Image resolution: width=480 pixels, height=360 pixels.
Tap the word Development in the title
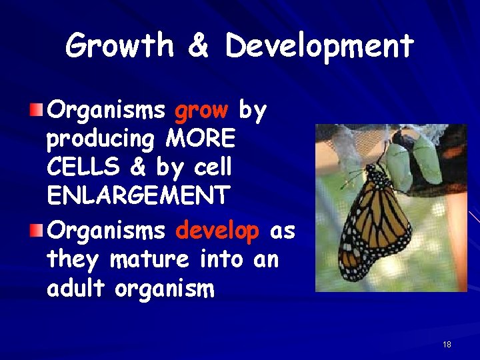pyautogui.click(x=320, y=46)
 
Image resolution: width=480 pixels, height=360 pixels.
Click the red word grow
pyautogui.click(x=201, y=111)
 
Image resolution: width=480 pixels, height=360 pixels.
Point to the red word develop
pyautogui.click(x=217, y=231)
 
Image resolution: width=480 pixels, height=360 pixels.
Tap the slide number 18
pyautogui.click(x=447, y=344)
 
